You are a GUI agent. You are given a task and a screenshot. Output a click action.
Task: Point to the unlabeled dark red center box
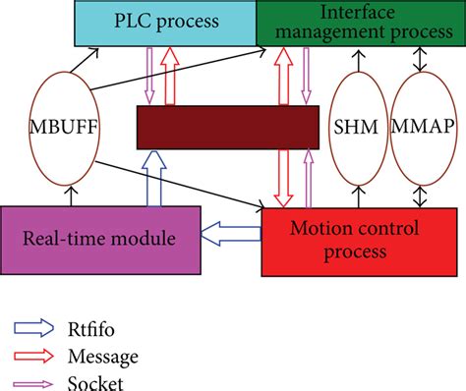tap(227, 128)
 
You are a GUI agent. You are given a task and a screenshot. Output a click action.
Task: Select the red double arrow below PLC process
tap(172, 76)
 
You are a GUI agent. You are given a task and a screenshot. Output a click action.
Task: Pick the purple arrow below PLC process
tap(149, 76)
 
